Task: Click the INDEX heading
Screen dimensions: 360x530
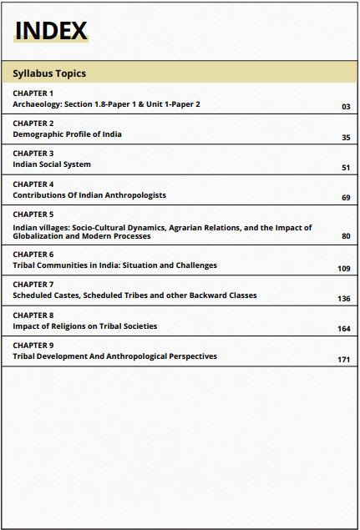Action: coord(51,31)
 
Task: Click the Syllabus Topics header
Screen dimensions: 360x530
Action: coord(49,73)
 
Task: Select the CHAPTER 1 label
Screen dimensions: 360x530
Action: coord(33,93)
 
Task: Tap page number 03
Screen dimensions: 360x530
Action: coord(346,108)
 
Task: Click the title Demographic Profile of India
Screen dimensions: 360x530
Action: coord(67,134)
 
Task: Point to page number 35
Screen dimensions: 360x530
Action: coord(346,138)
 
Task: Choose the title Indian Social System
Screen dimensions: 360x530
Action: coord(52,164)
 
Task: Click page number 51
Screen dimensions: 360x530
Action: coord(346,168)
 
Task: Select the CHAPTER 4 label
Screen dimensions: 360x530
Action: coord(33,184)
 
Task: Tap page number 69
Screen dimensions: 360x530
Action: coord(346,198)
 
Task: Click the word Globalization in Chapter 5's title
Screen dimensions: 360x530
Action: coord(40,236)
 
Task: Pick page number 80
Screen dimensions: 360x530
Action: coord(346,236)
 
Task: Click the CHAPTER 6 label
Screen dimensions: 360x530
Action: coord(33,255)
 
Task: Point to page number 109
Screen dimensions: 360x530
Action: coord(343,269)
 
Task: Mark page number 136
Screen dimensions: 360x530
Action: coord(343,299)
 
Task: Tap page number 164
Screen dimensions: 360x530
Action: coord(343,329)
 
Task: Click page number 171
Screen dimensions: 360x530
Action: coord(343,360)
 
